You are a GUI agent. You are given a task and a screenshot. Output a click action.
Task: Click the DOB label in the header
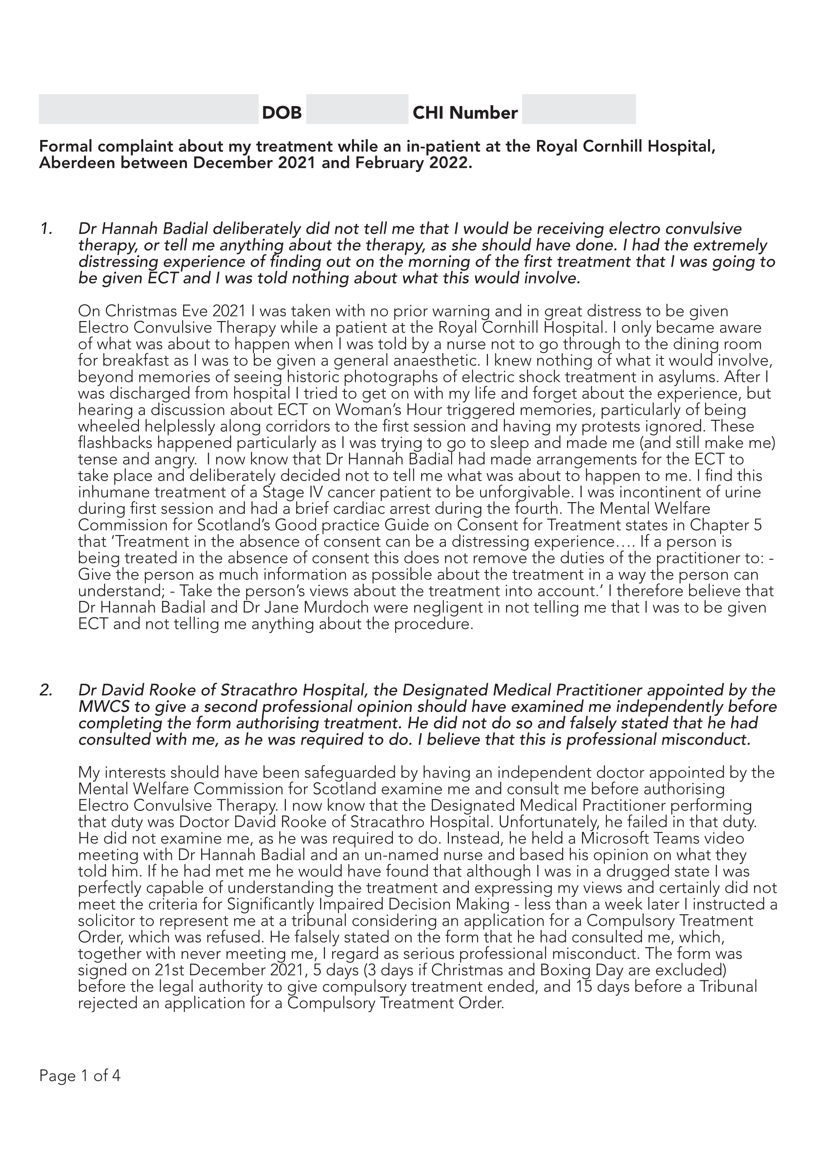coord(282,113)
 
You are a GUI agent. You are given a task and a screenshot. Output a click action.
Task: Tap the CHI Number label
coord(465,113)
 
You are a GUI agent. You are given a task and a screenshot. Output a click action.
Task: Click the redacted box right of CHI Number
coord(579,109)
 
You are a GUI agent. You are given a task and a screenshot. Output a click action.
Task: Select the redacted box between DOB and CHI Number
coord(357,109)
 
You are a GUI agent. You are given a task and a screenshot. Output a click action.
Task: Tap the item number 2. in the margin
coord(46,690)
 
